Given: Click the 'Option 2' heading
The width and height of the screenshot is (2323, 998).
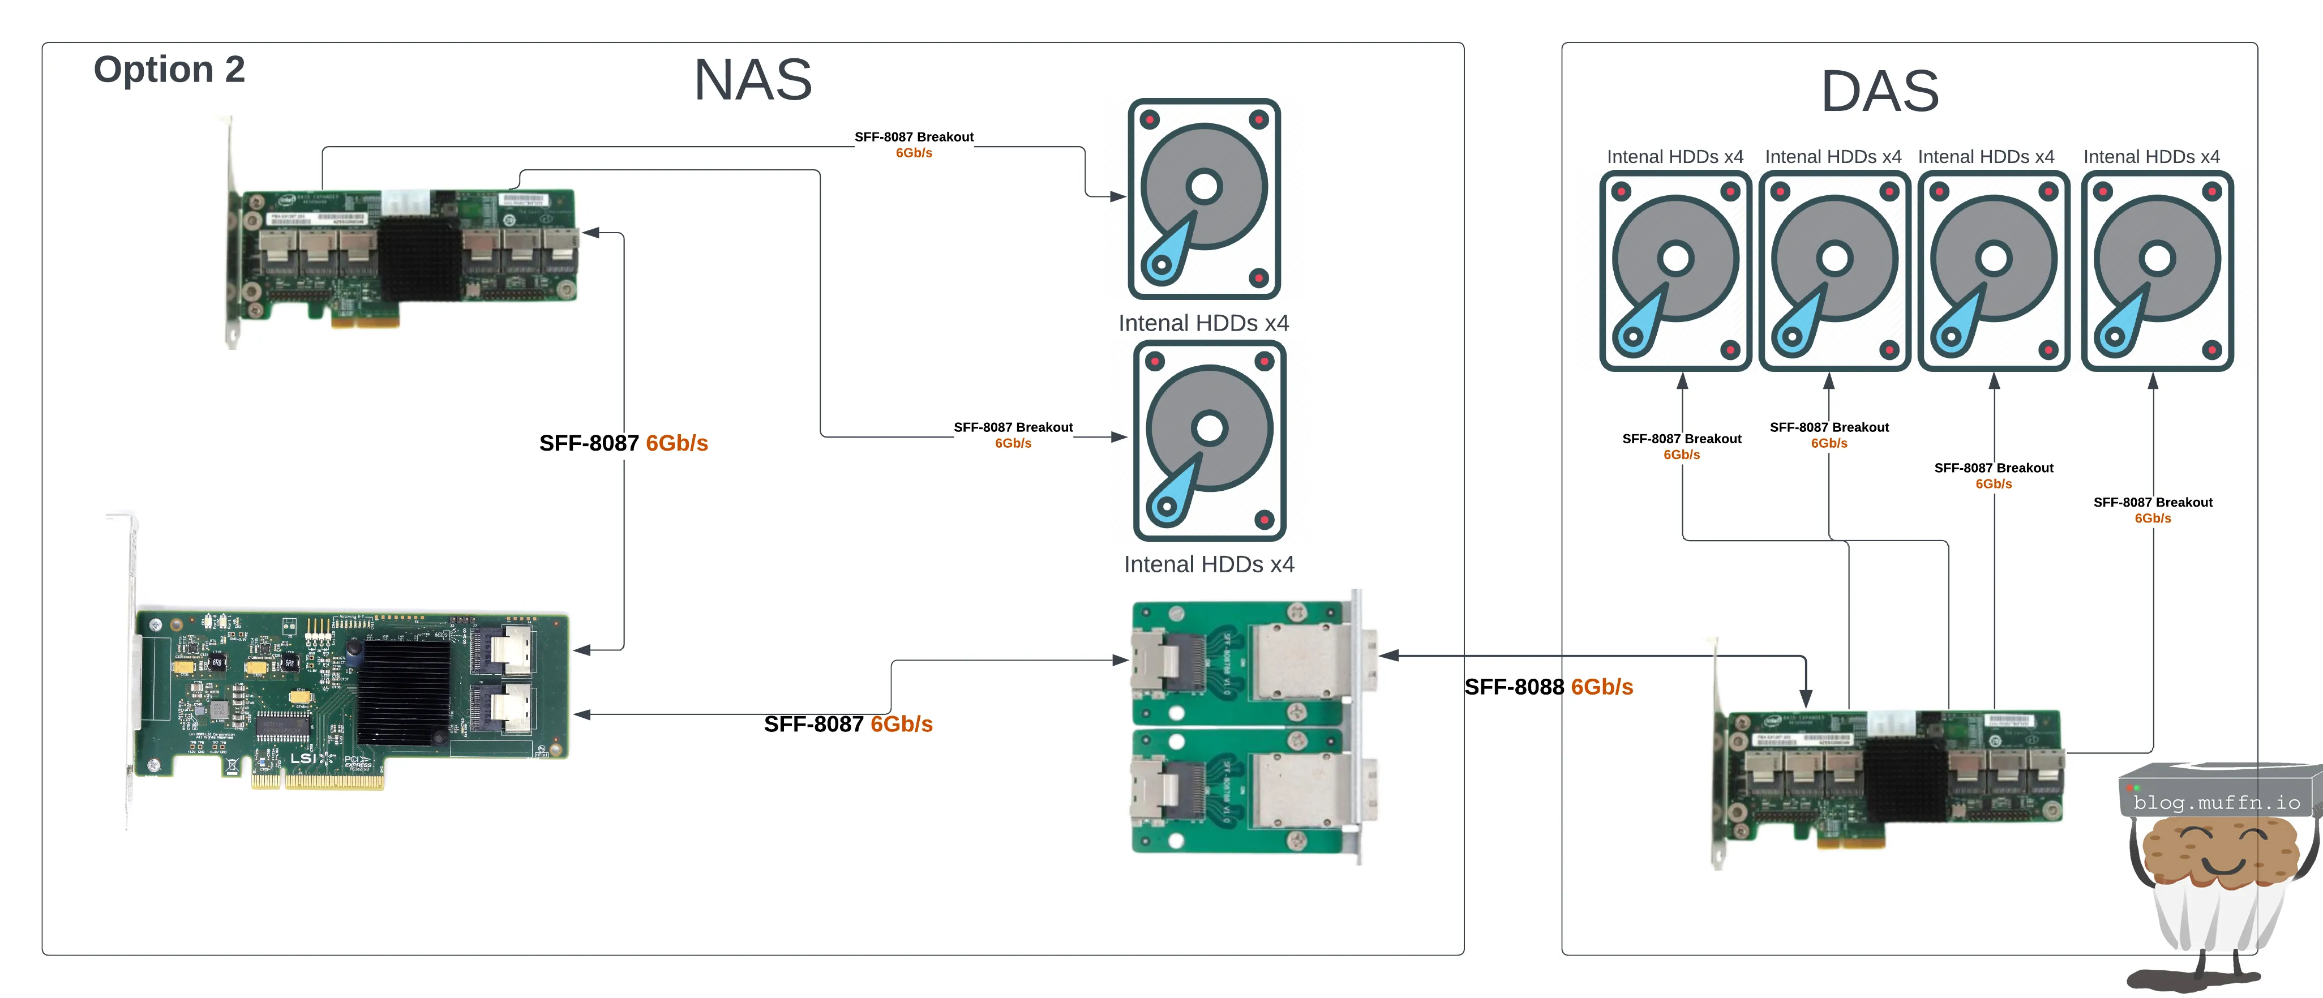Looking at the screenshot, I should pos(170,70).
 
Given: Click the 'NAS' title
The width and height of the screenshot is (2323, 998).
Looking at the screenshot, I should pos(753,80).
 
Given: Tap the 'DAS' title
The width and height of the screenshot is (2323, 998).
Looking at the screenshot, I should pos(1880,92).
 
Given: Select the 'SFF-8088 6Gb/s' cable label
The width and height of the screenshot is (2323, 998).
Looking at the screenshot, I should pos(1548,687).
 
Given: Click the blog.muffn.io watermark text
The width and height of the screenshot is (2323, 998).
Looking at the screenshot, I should pos(2217,802).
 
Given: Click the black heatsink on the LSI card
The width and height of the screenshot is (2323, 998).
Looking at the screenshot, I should pos(403,692).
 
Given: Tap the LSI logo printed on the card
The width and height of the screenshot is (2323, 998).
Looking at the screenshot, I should pos(304,758).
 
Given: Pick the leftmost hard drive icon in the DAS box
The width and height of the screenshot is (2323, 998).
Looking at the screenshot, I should pos(1675,271).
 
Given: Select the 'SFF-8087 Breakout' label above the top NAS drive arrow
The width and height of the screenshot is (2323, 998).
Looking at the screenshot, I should pos(914,137).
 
